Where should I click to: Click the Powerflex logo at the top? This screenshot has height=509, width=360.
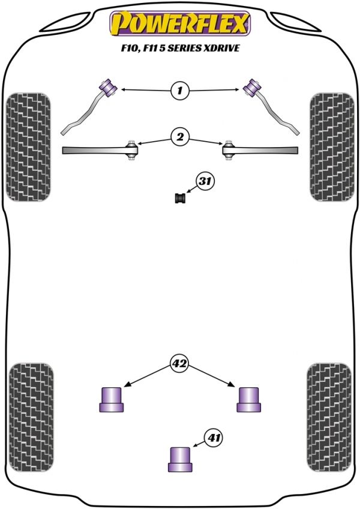pyautogui.click(x=180, y=23)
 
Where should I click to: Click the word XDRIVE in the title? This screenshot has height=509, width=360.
pyautogui.click(x=222, y=48)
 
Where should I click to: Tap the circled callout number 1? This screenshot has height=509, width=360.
pyautogui.click(x=179, y=90)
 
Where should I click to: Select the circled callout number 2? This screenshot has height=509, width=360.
pyautogui.click(x=180, y=137)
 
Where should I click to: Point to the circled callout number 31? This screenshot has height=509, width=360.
pyautogui.click(x=205, y=181)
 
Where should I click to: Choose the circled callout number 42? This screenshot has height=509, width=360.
pyautogui.click(x=179, y=364)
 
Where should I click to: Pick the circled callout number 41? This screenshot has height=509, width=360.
pyautogui.click(x=214, y=438)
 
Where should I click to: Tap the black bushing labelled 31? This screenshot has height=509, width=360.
pyautogui.click(x=180, y=198)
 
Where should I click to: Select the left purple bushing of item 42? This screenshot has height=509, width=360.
pyautogui.click(x=112, y=400)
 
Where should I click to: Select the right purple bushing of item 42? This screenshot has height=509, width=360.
pyautogui.click(x=248, y=400)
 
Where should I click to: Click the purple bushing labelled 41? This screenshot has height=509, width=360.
pyautogui.click(x=180, y=459)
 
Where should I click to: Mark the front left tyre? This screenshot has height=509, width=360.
pyautogui.click(x=29, y=147)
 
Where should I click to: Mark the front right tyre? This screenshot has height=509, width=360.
pyautogui.click(x=332, y=147)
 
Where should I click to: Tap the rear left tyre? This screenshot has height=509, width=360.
pyautogui.click(x=31, y=417)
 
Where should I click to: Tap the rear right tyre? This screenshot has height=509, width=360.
pyautogui.click(x=329, y=417)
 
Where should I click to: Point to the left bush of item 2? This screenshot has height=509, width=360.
pyautogui.click(x=132, y=150)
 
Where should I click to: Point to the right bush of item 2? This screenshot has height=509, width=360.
pyautogui.click(x=229, y=150)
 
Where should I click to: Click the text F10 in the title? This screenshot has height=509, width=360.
pyautogui.click(x=128, y=49)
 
